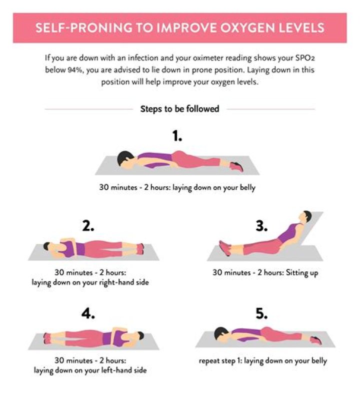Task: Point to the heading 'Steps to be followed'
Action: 179,109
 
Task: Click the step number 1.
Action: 177,136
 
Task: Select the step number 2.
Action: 88,226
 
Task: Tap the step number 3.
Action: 261,226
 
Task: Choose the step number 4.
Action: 88,314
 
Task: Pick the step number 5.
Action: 261,314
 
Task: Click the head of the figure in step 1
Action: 124,158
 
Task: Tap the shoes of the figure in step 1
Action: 238,166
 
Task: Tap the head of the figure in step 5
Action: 220,333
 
